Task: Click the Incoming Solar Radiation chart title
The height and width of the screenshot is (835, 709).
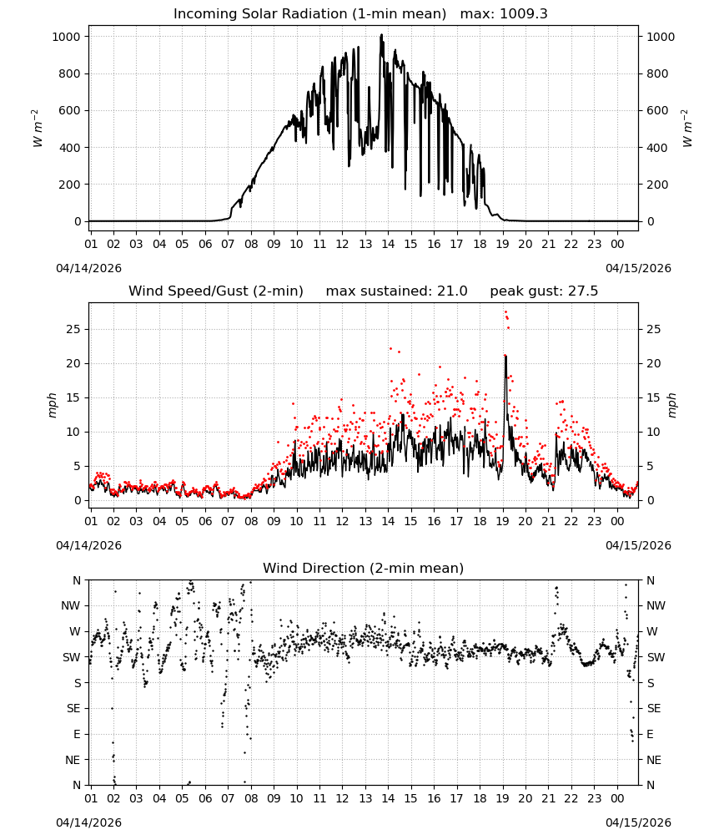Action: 309,14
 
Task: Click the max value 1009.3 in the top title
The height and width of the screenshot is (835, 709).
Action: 523,14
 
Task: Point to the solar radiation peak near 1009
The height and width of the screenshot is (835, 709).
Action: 381,35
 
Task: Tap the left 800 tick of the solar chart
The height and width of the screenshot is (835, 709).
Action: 69,73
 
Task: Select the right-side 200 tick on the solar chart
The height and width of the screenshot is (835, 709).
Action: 657,185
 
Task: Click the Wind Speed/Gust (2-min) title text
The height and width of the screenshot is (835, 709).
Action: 216,291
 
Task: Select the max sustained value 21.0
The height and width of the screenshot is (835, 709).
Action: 452,291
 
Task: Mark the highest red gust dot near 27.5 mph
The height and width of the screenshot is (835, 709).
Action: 505,312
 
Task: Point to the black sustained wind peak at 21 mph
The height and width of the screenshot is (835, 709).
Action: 505,357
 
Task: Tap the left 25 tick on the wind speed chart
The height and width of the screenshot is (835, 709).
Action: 73,329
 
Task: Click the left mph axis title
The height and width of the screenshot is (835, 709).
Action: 52,405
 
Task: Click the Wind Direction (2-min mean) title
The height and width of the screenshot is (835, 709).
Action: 364,568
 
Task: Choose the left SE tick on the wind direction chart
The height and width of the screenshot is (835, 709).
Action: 73,708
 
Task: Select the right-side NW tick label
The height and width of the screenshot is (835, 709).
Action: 656,605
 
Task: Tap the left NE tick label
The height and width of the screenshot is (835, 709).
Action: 73,760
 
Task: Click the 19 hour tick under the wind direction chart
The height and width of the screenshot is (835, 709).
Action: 503,798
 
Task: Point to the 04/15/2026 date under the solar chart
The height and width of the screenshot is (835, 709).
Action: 638,268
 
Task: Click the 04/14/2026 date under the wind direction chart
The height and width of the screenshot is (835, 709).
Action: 88,822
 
